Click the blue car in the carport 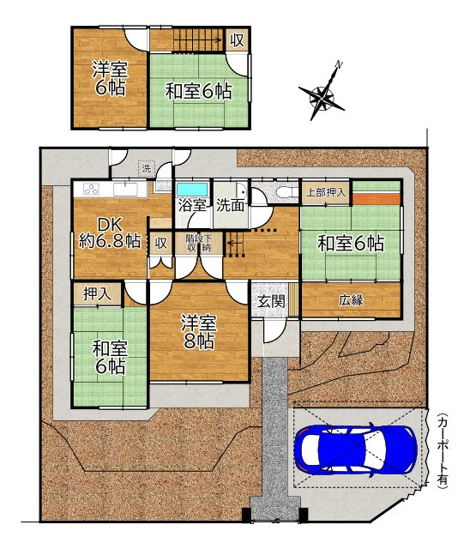(x=356, y=449)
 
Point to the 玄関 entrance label (x=271, y=301)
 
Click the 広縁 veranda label (x=351, y=300)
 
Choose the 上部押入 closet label (x=326, y=192)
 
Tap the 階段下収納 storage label (x=198, y=244)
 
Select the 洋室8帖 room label (x=199, y=332)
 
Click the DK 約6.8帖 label (x=110, y=232)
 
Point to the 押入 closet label (x=97, y=293)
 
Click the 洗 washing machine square (x=147, y=168)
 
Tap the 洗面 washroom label (x=230, y=205)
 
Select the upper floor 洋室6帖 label (x=110, y=78)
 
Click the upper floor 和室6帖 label (x=198, y=92)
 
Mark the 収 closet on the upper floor (x=237, y=40)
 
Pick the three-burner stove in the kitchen (x=92, y=190)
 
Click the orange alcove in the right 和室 (x=376, y=198)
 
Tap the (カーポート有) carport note (x=443, y=449)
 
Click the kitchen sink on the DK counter (x=125, y=190)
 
